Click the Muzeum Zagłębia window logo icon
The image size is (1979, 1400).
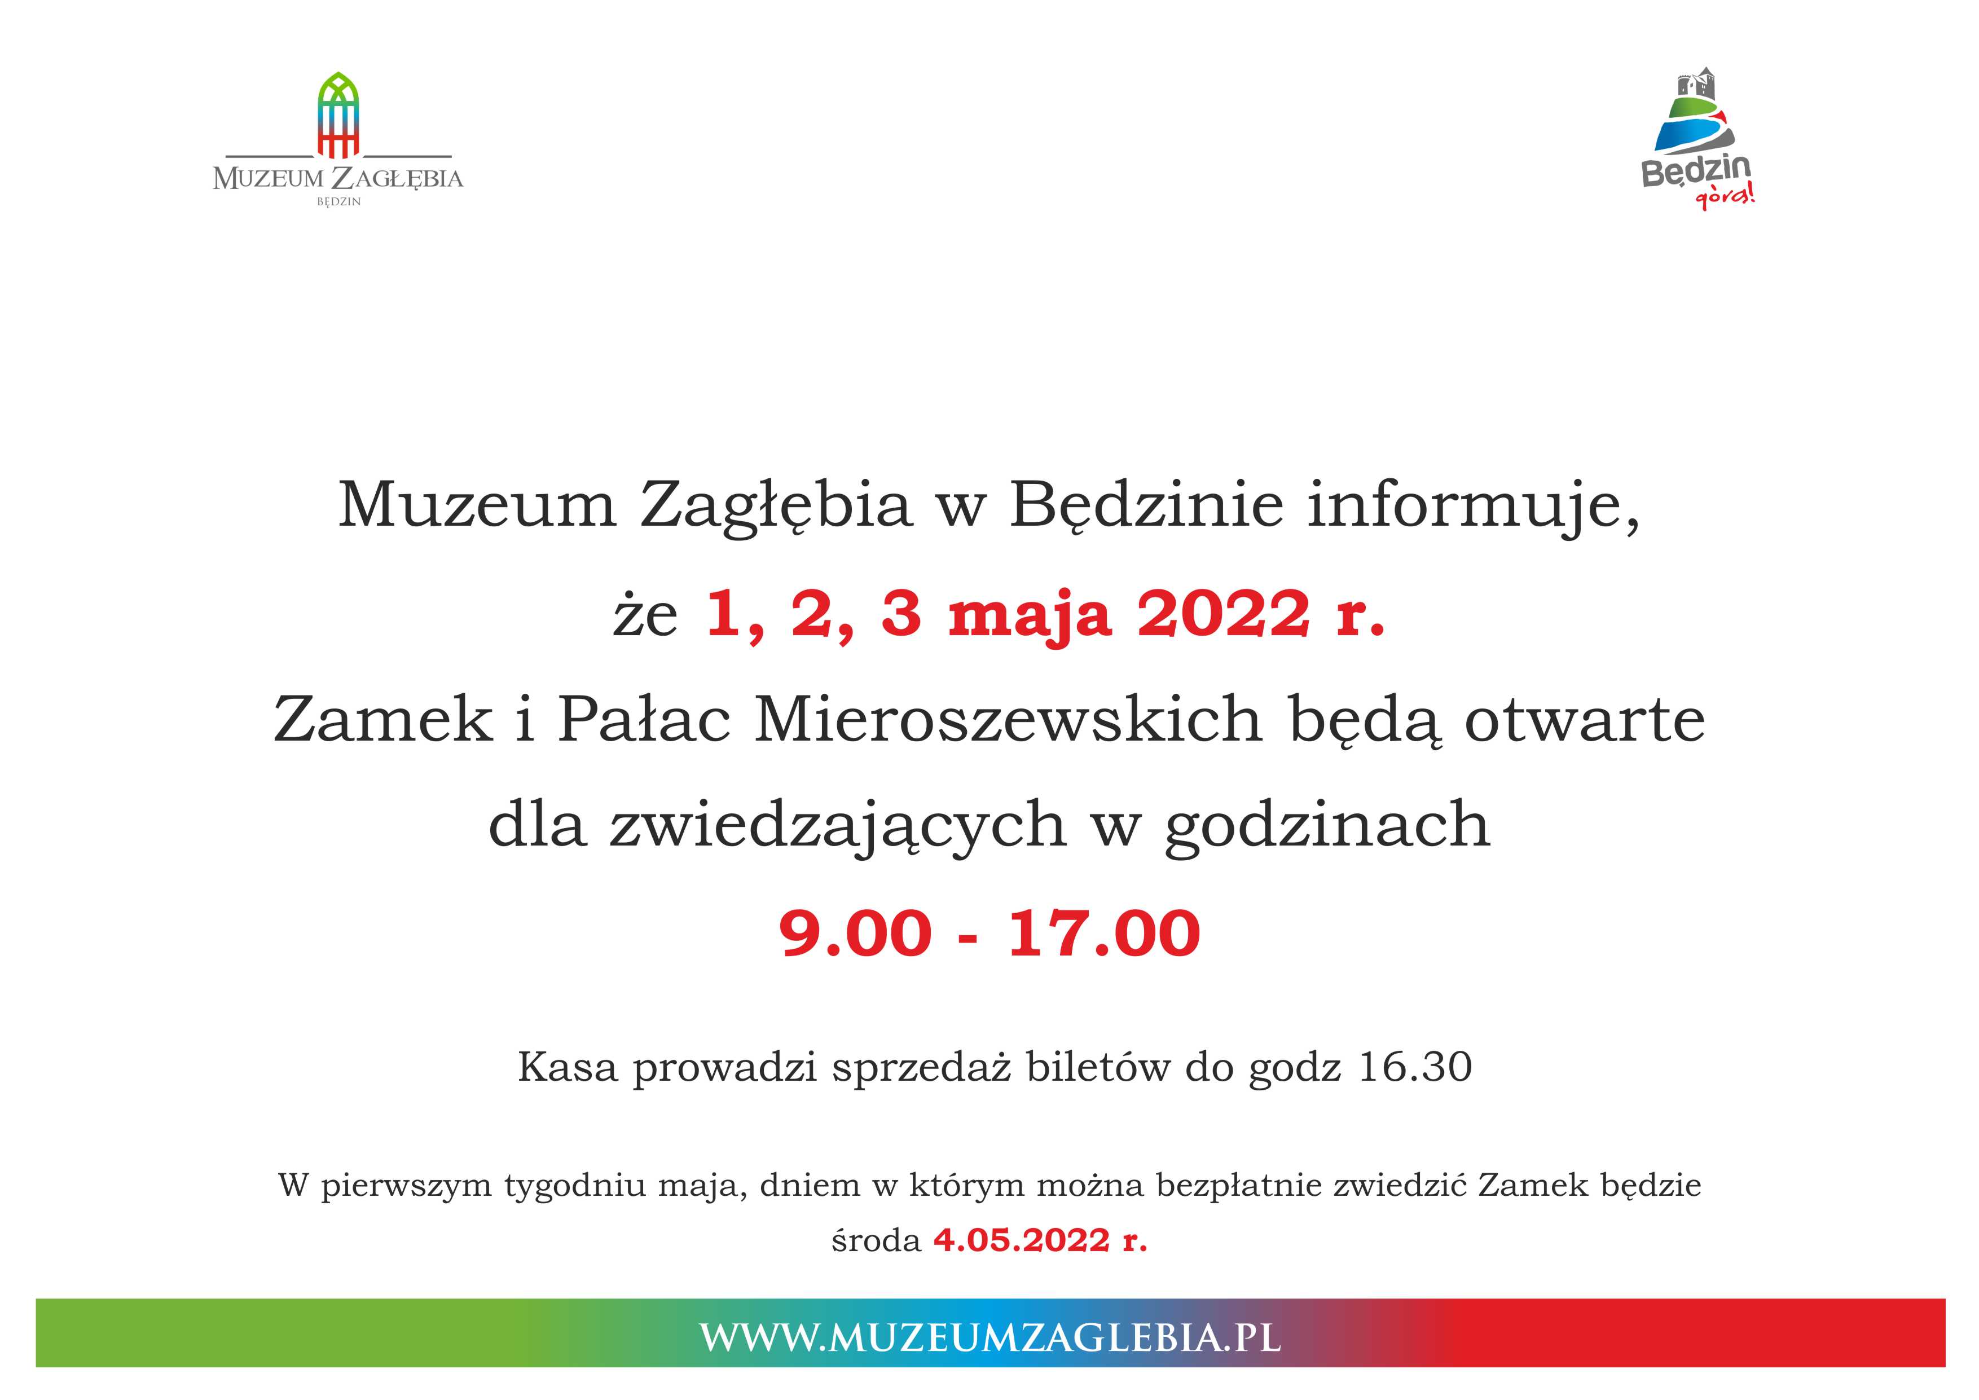pos(338,116)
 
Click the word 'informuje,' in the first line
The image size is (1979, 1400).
pos(1473,506)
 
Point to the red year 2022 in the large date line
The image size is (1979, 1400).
pos(1224,614)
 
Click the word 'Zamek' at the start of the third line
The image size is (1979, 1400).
pos(382,719)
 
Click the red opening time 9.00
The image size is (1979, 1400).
pos(855,934)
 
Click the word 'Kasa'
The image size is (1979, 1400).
pos(568,1067)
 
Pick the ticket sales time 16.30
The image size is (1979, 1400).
pos(1415,1067)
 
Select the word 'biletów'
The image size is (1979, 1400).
pos(1098,1067)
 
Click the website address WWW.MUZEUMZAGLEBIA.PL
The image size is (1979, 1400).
pos(989,1338)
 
